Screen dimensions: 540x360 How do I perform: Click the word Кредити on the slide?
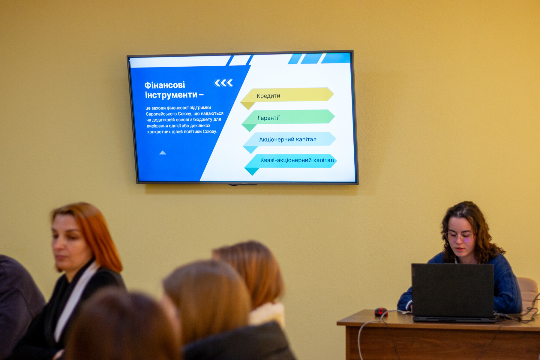pos(268,96)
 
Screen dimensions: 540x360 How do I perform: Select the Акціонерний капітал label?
pos(288,139)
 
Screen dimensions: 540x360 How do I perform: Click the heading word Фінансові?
pos(165,85)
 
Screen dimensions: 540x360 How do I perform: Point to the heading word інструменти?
pos(171,95)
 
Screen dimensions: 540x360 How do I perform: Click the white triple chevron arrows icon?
pos(223,83)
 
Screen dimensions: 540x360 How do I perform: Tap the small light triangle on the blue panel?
pos(163,153)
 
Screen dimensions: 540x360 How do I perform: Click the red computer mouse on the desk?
pos(381,312)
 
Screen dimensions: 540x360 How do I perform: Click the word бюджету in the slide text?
pos(203,119)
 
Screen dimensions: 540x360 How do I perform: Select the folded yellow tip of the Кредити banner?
pos(248,106)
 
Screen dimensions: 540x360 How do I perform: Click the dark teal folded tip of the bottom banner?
pos(252,171)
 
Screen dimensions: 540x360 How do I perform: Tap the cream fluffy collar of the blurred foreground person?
pos(267,313)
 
